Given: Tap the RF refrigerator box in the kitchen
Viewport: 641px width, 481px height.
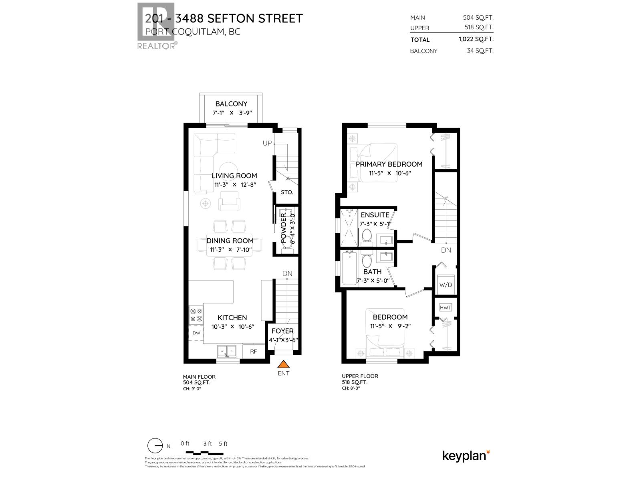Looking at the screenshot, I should [253, 352].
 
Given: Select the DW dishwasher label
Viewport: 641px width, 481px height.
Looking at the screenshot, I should [196, 333].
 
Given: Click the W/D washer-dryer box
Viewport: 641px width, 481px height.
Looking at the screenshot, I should [445, 284].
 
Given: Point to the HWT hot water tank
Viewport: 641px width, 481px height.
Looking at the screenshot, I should [445, 307].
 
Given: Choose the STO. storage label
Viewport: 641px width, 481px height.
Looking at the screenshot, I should [287, 192].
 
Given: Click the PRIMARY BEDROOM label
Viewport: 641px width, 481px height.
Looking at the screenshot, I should [389, 164].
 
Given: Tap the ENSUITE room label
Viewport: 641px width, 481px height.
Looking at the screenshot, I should [375, 215].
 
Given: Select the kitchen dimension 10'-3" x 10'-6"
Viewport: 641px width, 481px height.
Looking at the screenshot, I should [232, 326].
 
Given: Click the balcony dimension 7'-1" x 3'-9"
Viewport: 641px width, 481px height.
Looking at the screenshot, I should [232, 113].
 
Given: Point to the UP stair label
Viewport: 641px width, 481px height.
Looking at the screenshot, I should [267, 143].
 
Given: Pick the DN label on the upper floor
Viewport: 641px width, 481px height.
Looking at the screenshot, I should [446, 250].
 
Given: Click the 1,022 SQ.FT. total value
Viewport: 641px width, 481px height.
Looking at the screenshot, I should [476, 39].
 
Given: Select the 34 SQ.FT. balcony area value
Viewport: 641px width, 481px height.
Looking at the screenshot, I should [480, 51].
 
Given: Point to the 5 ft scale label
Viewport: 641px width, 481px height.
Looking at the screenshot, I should [223, 444].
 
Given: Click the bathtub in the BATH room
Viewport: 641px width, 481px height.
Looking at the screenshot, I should [349, 267].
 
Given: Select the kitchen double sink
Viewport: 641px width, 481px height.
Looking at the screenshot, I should [227, 352].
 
